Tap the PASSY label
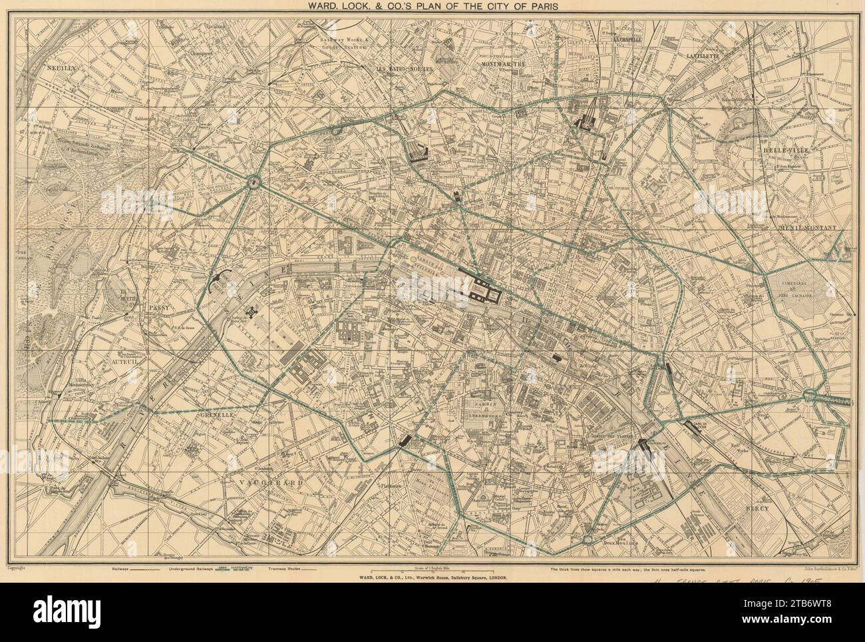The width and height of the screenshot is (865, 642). [x=160, y=308]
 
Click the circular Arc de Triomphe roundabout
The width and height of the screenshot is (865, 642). [x=254, y=182]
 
